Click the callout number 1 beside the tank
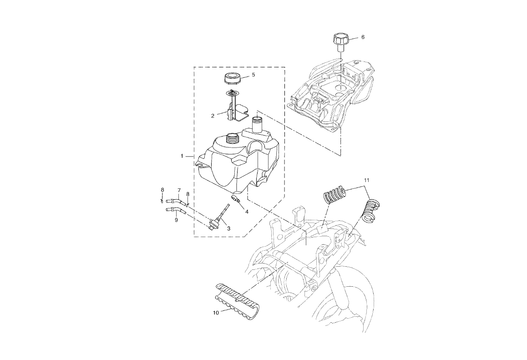(182, 156)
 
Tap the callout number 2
(213, 116)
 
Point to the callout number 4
(247, 211)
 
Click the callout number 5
(253, 74)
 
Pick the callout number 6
(363, 37)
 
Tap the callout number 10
(216, 313)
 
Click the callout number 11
(366, 180)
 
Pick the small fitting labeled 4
(235, 198)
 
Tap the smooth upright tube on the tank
(258, 124)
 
